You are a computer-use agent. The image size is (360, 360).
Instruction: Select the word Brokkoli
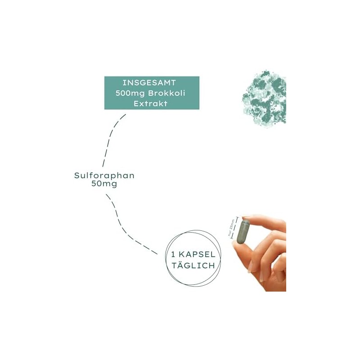167,93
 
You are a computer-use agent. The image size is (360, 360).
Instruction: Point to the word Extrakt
152,103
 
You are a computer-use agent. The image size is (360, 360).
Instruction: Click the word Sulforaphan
104,175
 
